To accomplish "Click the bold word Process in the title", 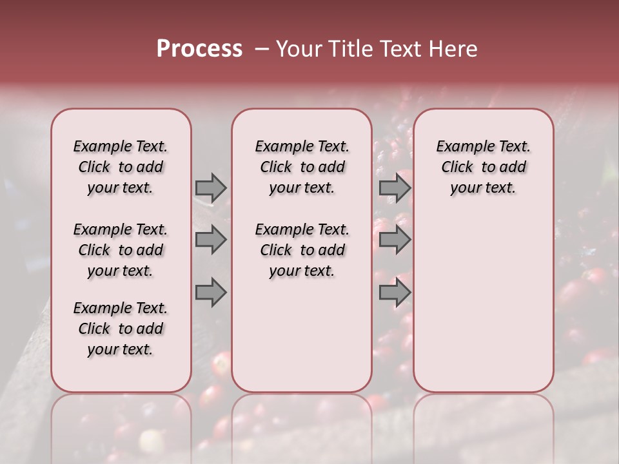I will click(x=199, y=49).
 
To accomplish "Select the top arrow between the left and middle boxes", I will click(x=210, y=188).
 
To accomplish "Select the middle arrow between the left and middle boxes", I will click(x=210, y=240).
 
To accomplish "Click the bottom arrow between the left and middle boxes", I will click(x=210, y=293).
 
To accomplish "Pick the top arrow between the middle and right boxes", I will click(x=395, y=188).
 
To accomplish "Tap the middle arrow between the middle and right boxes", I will click(x=395, y=240).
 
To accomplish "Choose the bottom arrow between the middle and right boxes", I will click(x=395, y=293).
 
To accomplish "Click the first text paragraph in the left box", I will click(x=121, y=167).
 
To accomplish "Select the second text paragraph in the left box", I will click(x=121, y=250).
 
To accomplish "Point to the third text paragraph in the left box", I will click(x=121, y=329).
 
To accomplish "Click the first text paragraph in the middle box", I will click(x=302, y=167).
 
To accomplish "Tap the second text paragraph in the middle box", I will click(x=302, y=250).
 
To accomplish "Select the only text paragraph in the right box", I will click(x=483, y=167).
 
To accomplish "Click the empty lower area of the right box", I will click(x=483, y=303).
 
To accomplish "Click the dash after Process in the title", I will click(x=261, y=49).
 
